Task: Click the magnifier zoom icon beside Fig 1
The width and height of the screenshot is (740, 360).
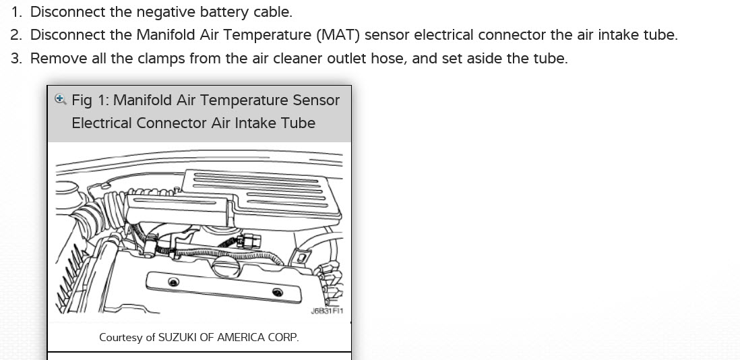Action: click(60, 100)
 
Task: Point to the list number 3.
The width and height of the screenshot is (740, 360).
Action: click(16, 59)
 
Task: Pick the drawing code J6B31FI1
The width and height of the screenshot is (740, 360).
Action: click(328, 311)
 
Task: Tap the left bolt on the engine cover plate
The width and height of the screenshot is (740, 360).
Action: click(174, 282)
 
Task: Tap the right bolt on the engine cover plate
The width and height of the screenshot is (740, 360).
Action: click(277, 291)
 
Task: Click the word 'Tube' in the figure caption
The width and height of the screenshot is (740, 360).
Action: click(299, 123)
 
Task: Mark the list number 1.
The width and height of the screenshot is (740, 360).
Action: click(16, 11)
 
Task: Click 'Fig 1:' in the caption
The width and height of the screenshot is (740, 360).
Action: click(90, 100)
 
